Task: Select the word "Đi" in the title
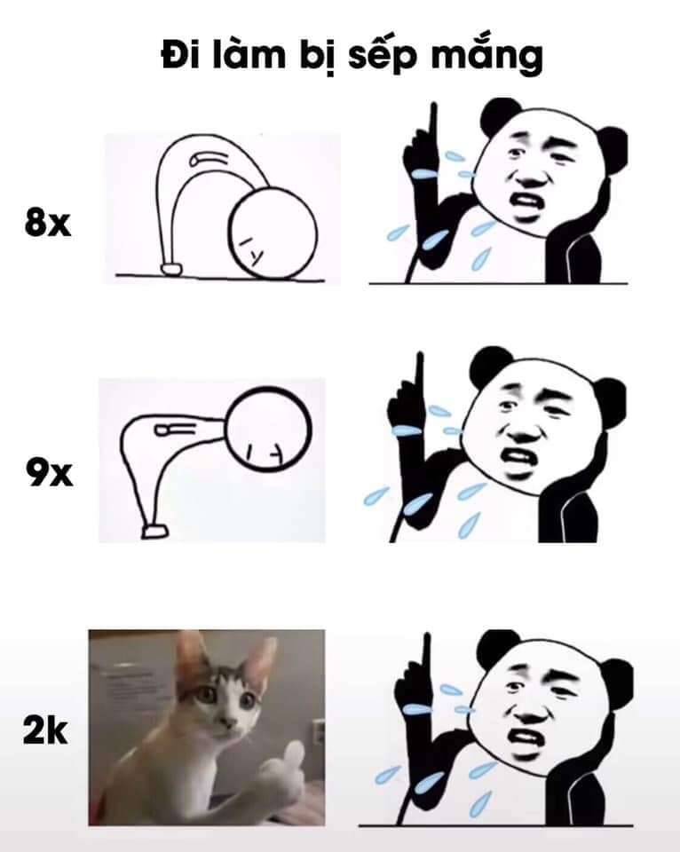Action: pos(178,55)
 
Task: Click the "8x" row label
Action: pos(48,222)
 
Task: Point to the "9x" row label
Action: pos(49,472)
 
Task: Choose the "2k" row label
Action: pos(45,730)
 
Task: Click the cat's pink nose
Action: pos(230,721)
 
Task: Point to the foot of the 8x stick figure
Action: pos(171,268)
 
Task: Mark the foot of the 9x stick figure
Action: pos(155,532)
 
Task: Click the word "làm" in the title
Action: pos(249,55)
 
